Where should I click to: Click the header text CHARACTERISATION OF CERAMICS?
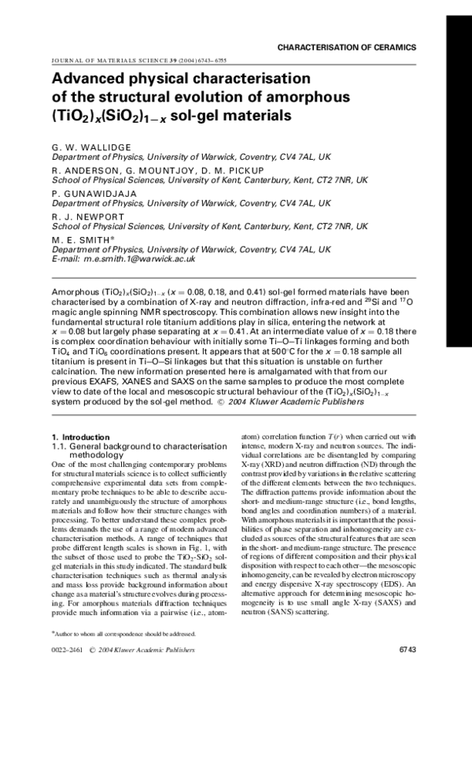click(x=346, y=48)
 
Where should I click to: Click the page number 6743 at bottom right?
click(x=407, y=650)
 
